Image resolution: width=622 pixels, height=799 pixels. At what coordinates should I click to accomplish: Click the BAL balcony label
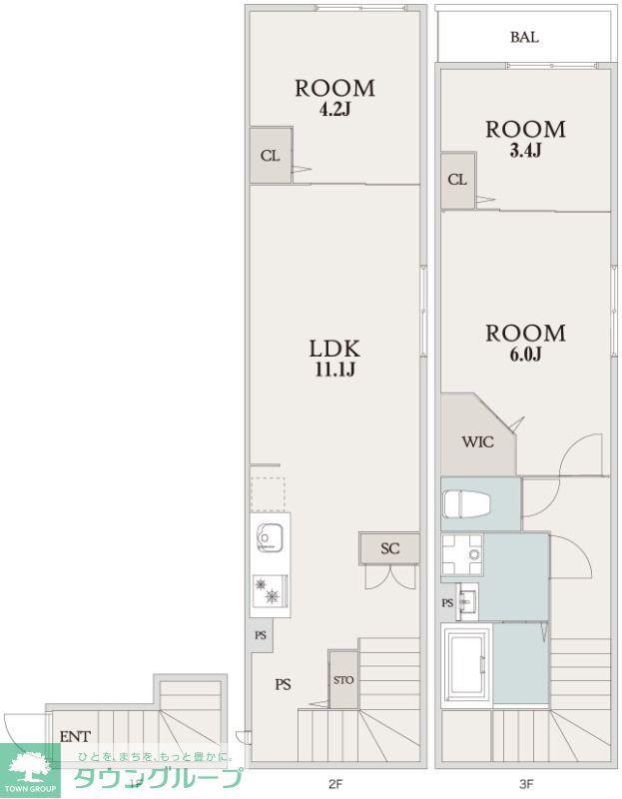point(525,37)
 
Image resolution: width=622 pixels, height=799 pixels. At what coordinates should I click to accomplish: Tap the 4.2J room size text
point(334,110)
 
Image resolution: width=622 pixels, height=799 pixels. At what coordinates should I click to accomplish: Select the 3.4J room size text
point(525,151)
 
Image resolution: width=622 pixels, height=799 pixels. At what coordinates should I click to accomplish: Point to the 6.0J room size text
point(525,355)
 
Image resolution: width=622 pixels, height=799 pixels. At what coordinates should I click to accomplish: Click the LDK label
point(335,349)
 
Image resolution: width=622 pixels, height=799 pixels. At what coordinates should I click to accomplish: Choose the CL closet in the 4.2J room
point(271,155)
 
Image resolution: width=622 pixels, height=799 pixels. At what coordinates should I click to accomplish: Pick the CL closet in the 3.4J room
point(458,180)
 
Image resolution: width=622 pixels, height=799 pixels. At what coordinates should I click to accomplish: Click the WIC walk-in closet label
point(478,441)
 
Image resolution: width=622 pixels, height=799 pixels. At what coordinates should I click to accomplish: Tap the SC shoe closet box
point(389,548)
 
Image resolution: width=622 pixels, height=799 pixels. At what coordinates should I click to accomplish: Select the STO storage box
point(343,679)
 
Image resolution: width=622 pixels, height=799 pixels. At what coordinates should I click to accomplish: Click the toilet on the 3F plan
point(466,503)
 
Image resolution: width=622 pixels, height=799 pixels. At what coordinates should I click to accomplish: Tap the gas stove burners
point(270,591)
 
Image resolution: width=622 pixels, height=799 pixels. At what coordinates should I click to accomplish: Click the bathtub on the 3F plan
point(467,665)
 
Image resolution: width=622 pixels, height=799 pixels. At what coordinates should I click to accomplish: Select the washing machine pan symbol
point(462,554)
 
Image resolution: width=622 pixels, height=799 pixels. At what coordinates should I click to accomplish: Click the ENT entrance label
point(76,736)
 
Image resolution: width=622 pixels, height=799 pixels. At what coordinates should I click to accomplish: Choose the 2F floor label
point(334,783)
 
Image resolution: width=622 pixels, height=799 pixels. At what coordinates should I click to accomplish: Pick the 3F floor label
point(526,783)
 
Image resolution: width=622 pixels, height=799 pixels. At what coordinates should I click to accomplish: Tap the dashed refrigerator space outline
point(268,493)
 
